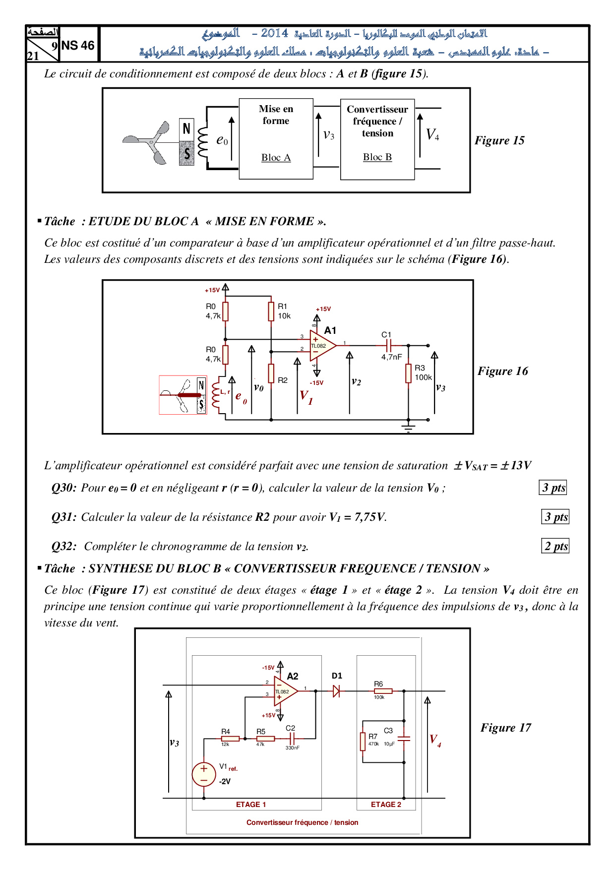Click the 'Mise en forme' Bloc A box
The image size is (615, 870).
[276, 138]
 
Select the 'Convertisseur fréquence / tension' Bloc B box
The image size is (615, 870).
[377, 139]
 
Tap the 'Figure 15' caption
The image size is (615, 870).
[499, 140]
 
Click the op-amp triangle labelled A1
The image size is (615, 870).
[321, 346]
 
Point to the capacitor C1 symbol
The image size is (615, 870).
[389, 345]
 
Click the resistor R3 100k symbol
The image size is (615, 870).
[408, 373]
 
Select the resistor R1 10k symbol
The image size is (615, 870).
[271, 311]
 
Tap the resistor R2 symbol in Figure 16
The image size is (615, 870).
[271, 373]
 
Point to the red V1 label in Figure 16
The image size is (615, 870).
[306, 397]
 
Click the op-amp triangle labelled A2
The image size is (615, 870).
[285, 691]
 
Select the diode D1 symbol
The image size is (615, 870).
[336, 690]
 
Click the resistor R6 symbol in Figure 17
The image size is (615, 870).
[383, 690]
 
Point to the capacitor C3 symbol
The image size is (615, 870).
[404, 739]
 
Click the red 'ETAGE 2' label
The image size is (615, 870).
[386, 804]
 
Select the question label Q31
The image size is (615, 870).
[64, 517]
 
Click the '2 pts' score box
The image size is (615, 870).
[555, 546]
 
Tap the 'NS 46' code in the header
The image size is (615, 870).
[78, 46]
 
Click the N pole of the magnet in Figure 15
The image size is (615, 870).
[186, 129]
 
